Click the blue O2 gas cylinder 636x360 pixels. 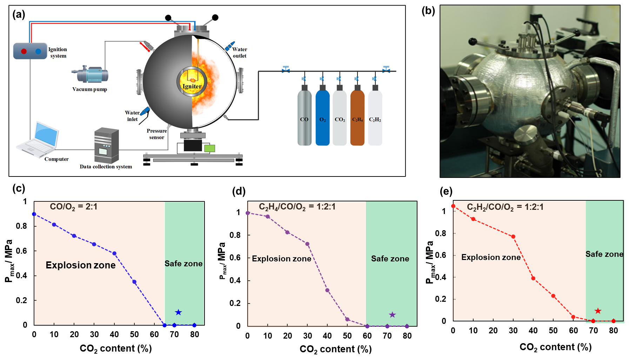click(322, 118)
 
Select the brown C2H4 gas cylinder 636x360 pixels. click(357, 118)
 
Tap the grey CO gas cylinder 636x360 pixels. click(304, 118)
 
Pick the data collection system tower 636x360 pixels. click(106, 145)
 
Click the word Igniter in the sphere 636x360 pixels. click(192, 86)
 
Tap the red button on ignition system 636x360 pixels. click(24, 51)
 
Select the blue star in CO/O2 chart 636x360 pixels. click(178, 312)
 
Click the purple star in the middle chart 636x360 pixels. click(392, 315)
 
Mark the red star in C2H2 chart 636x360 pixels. click(598, 311)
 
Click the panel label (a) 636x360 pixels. click(19, 14)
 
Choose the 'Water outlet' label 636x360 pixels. click(240, 53)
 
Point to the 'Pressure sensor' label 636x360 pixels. click(156, 134)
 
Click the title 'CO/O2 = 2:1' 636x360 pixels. click(73, 207)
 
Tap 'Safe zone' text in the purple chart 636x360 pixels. click(390, 259)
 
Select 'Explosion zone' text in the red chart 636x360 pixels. click(491, 257)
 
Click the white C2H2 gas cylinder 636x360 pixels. click(375, 118)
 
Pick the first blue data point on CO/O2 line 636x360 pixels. click(34, 214)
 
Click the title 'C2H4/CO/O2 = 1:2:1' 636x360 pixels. click(297, 207)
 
